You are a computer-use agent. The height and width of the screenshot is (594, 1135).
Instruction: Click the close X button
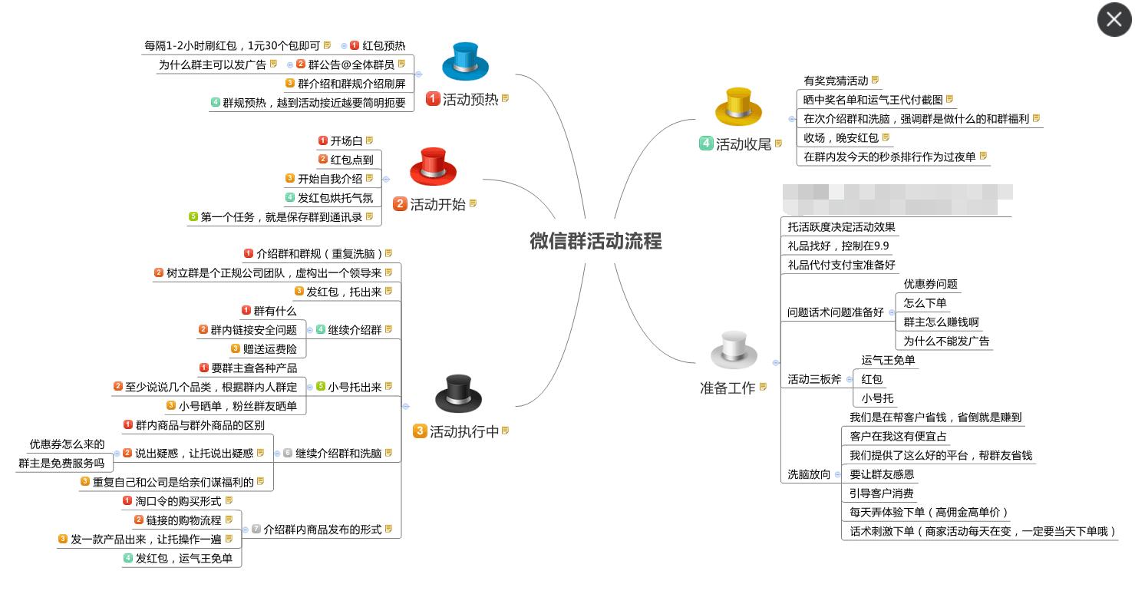point(1114,20)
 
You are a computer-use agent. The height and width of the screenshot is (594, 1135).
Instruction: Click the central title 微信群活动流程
point(595,241)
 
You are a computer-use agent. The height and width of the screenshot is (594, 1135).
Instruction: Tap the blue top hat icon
point(465,61)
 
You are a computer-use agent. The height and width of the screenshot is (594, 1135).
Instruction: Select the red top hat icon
point(433,167)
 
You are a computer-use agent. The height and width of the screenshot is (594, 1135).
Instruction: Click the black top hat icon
point(458,394)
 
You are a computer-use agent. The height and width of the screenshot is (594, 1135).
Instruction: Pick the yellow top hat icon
point(737,107)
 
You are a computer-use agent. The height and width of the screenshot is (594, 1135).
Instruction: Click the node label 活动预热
point(470,99)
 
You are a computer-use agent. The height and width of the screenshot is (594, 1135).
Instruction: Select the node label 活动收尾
point(743,144)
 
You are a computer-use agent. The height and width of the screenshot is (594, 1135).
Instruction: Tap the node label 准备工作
point(728,388)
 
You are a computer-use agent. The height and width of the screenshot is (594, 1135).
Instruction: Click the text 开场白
point(346,141)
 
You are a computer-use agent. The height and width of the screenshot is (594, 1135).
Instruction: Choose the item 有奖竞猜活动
point(836,81)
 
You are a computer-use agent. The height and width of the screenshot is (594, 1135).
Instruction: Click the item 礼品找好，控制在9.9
point(838,246)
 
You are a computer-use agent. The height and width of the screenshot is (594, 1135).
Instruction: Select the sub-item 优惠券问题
point(930,284)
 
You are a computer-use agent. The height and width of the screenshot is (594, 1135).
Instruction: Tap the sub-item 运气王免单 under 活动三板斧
point(888,360)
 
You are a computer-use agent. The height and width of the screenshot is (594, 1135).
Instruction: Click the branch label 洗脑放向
point(809,474)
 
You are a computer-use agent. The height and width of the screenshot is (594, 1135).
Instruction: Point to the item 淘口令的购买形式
point(178,501)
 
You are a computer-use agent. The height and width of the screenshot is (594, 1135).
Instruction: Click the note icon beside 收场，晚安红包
point(886,137)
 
